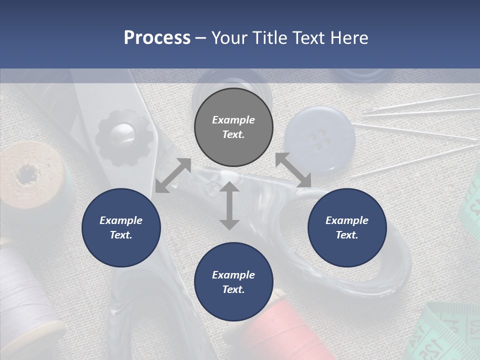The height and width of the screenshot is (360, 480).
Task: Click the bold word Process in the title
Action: click(157, 37)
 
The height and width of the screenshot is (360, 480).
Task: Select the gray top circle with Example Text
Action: click(233, 127)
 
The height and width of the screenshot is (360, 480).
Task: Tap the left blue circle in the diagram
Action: click(121, 227)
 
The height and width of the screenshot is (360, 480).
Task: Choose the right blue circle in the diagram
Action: click(347, 227)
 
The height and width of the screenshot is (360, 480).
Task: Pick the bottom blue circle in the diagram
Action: click(233, 282)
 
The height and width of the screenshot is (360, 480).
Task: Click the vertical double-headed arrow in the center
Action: click(229, 205)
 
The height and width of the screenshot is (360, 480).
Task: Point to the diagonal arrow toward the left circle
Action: click(173, 175)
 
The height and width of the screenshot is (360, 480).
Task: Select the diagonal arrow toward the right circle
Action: click(293, 170)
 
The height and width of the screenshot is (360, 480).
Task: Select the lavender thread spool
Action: click(25, 290)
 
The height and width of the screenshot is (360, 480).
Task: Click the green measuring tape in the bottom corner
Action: click(445, 335)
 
